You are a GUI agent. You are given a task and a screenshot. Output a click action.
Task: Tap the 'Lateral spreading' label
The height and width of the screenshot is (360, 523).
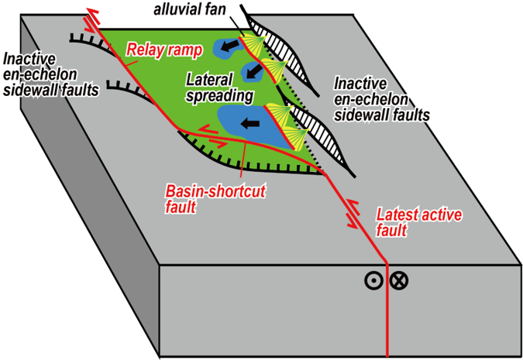click(x=220, y=87)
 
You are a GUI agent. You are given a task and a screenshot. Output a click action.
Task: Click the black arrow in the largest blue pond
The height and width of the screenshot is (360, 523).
click(x=250, y=122)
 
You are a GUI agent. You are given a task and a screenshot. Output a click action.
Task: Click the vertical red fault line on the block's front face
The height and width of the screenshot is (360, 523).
click(x=386, y=310)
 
